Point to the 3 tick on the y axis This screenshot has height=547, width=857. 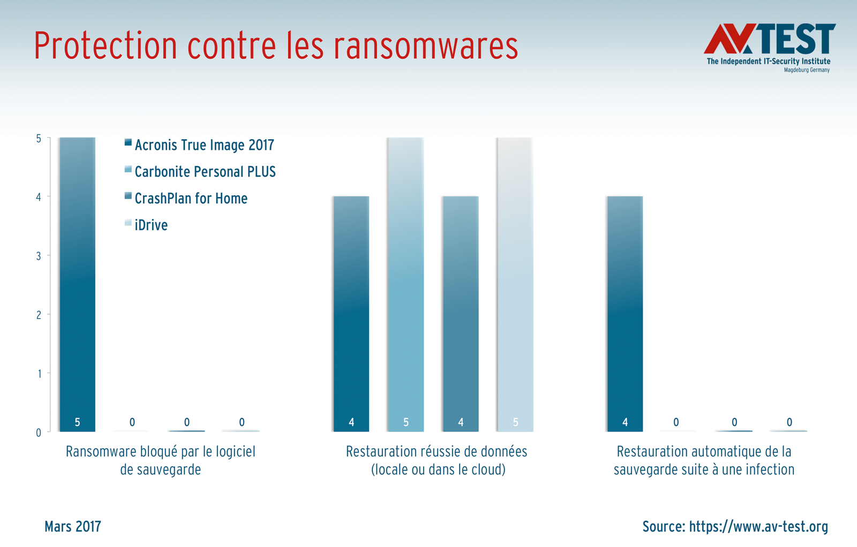coord(39,256)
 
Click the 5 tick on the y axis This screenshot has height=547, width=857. coord(39,139)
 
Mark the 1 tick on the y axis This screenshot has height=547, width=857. coord(39,374)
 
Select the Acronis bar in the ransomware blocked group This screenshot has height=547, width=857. coord(78,284)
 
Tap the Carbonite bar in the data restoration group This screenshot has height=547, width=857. coord(405,284)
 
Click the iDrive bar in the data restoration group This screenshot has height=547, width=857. coord(515,284)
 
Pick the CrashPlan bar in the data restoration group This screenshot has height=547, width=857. coord(460,313)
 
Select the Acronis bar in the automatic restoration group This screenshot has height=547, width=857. coord(625,313)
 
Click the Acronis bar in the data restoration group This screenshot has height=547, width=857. coord(351,313)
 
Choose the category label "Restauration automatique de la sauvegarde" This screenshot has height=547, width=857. coord(704,460)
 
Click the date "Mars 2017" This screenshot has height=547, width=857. coord(73,527)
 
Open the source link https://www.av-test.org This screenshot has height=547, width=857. coord(758,527)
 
